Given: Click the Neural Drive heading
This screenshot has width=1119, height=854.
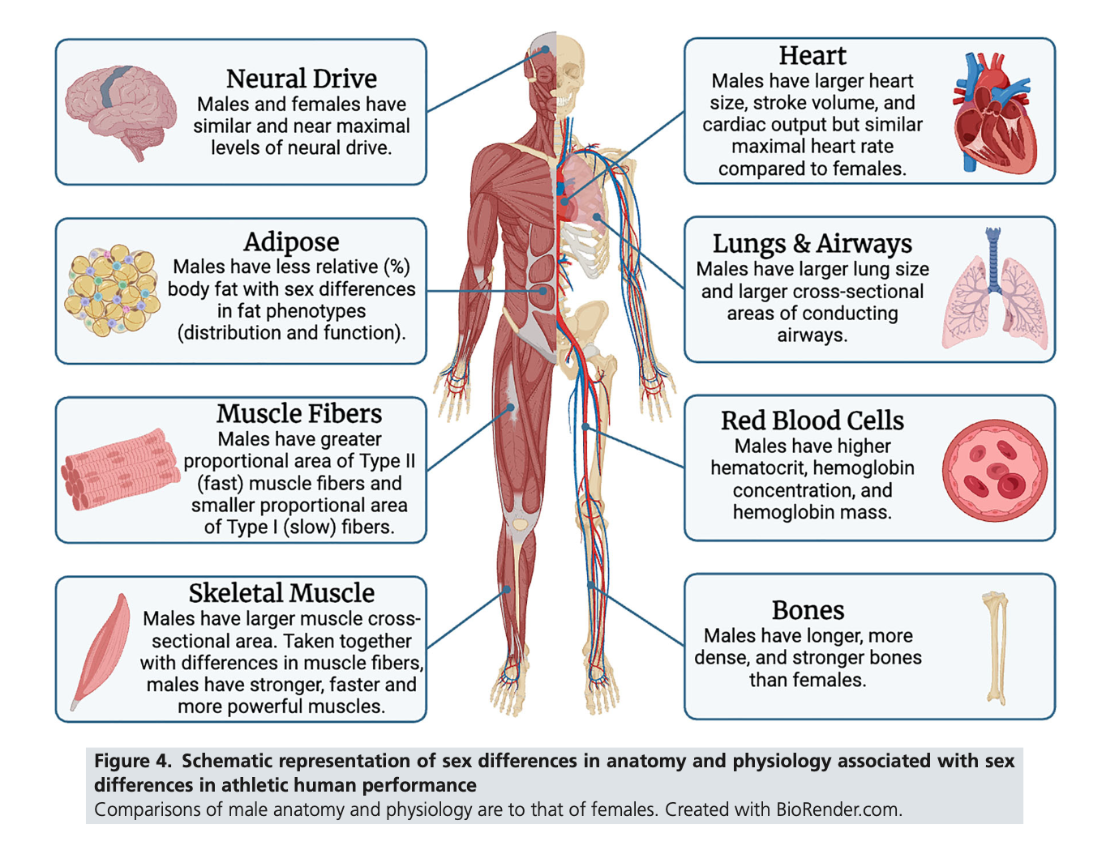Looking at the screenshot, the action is [302, 79].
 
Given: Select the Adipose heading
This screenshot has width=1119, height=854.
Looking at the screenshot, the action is [291, 242].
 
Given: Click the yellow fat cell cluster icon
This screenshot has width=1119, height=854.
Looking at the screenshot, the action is [112, 290].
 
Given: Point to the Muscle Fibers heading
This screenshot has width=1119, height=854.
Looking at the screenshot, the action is [299, 413].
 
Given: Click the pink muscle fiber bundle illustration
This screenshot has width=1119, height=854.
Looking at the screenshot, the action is [120, 468].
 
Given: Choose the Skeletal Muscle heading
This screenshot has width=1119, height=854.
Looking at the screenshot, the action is [281, 593].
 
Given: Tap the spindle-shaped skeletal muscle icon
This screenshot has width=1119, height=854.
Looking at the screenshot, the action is [101, 651].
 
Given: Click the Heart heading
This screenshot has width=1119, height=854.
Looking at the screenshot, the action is [812, 56].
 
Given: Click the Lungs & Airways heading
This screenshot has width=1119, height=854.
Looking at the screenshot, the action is [812, 244].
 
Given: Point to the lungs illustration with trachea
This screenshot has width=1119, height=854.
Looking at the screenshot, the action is [995, 288].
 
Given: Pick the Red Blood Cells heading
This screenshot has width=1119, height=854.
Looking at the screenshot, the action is [812, 421].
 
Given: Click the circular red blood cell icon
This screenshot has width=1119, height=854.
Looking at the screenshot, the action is [995, 470].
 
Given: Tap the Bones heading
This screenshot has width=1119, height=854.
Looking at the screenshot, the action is [808, 610].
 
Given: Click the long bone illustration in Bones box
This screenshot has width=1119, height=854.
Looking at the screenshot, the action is [996, 648].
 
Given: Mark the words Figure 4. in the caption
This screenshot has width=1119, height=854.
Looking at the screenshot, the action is [132, 761].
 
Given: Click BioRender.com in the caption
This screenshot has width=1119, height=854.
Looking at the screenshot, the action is [839, 809].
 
